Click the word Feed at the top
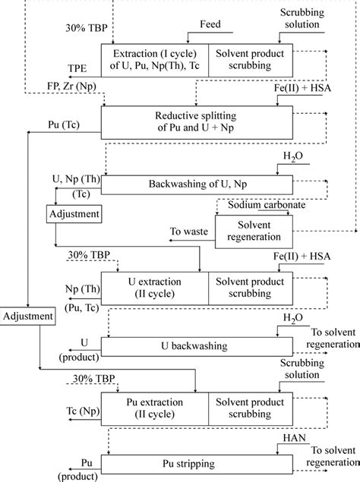pos(210,24)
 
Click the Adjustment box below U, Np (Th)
pos(74,214)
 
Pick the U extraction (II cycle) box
pos(155,286)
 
